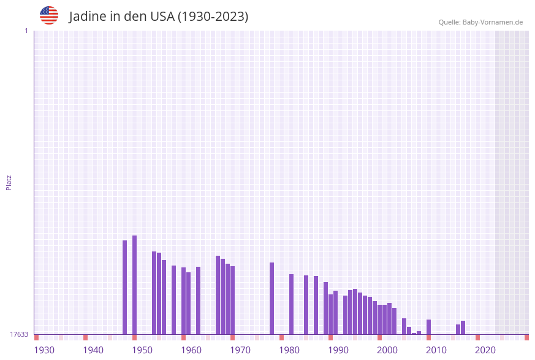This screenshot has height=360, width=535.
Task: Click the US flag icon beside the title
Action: [x=49, y=15]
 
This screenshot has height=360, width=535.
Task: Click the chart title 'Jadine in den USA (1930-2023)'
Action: [x=159, y=17]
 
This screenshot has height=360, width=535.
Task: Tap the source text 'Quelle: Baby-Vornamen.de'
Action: [x=480, y=22]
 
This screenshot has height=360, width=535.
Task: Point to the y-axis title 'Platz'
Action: [x=9, y=182]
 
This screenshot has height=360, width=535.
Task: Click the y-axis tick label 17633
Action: [x=19, y=334]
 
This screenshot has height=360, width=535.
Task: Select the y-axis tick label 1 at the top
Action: [x=26, y=31]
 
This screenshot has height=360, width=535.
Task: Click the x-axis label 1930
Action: [x=44, y=350]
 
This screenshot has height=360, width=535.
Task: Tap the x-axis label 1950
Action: [x=142, y=350]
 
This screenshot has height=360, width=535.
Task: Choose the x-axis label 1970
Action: [x=240, y=350]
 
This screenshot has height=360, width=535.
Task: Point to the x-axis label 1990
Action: [x=338, y=350]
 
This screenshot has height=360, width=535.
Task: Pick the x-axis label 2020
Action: [x=485, y=350]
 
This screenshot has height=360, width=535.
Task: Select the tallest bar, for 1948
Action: [x=135, y=285]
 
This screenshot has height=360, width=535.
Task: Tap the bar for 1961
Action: [x=199, y=301]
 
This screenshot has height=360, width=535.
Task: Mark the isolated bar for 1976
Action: [x=272, y=298]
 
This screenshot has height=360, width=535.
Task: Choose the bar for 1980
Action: [x=292, y=304]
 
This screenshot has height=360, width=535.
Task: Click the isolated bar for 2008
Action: [x=429, y=327]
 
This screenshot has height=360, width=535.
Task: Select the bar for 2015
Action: [x=463, y=327]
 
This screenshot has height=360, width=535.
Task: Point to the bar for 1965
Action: [x=218, y=295]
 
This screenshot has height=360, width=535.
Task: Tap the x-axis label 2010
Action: [x=436, y=350]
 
